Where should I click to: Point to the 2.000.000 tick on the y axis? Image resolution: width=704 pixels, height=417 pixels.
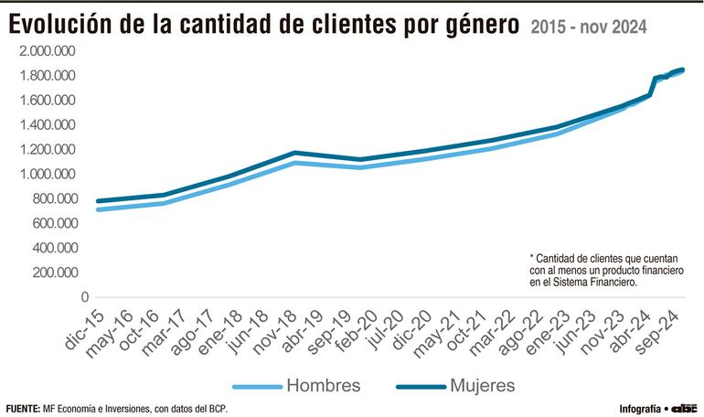coord(53,50)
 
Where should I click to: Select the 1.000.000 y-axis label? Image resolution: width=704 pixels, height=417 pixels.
coord(53,174)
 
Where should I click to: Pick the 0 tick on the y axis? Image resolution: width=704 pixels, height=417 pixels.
coord(84,297)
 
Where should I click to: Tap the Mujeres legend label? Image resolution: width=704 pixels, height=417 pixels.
coord(483,384)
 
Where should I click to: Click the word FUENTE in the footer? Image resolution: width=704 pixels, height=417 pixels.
coord(23,408)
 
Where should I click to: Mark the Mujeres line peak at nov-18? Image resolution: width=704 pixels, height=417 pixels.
coord(294,153)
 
